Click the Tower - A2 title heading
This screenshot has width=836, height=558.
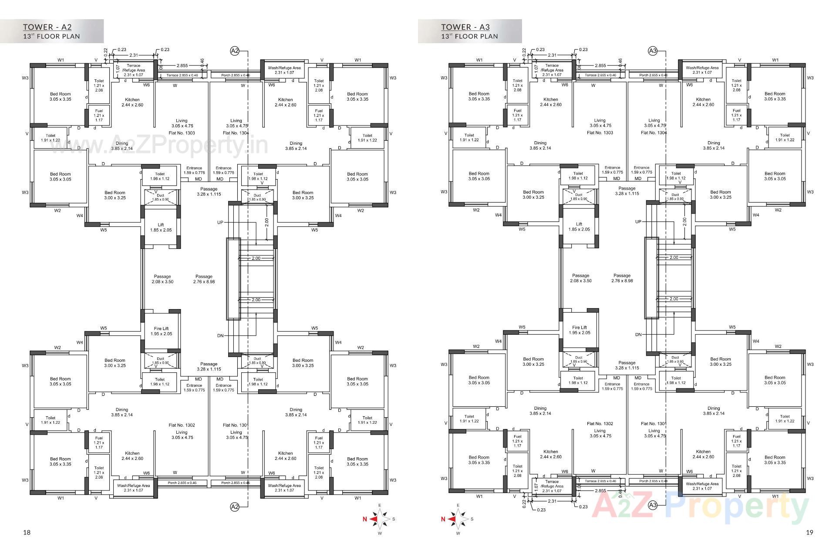click(x=47, y=27)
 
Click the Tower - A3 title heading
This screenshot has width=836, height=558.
click(x=465, y=27)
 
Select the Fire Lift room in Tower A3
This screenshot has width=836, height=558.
click(x=580, y=330)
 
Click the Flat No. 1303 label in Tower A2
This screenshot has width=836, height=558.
click(x=182, y=133)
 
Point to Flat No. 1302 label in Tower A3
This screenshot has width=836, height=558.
click(x=600, y=423)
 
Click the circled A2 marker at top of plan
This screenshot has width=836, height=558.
click(x=235, y=51)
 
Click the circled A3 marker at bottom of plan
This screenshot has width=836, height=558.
click(x=652, y=505)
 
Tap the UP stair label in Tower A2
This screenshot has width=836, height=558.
click(x=220, y=222)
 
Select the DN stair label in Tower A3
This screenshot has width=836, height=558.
click(x=638, y=335)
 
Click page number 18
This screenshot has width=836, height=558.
click(x=27, y=532)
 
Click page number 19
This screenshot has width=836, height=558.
click(x=809, y=532)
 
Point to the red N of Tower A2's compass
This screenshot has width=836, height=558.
click(x=365, y=519)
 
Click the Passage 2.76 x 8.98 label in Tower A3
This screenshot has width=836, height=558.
click(x=622, y=278)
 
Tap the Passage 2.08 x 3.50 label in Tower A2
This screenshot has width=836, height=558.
click(x=162, y=279)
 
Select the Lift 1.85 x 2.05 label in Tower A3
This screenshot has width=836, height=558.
click(x=579, y=226)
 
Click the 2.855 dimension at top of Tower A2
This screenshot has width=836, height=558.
click(x=182, y=65)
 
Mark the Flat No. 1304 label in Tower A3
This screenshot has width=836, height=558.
click(x=654, y=133)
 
